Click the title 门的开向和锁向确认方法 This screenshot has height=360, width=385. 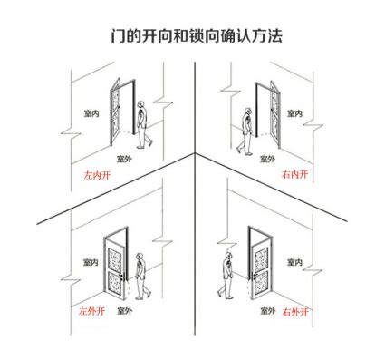pyautogui.click(x=192, y=35)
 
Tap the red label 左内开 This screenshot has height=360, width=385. pyautogui.click(x=94, y=174)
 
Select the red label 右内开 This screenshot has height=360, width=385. pyautogui.click(x=295, y=172)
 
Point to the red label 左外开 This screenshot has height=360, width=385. pyautogui.click(x=91, y=311)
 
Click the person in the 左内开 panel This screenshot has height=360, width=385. pyautogui.click(x=142, y=124)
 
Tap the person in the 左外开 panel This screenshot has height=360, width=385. pyautogui.click(x=139, y=273)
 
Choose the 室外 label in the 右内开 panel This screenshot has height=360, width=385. pyautogui.click(x=267, y=158)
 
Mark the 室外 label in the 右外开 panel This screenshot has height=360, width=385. pyautogui.click(x=267, y=311)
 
